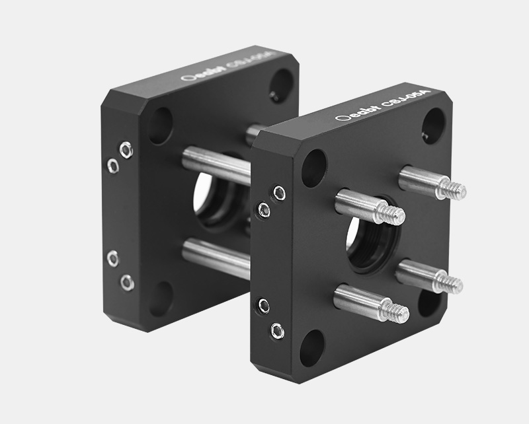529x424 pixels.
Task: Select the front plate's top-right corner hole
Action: pyautogui.click(x=432, y=125)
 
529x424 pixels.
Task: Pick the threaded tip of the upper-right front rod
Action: pyautogui.click(x=455, y=190)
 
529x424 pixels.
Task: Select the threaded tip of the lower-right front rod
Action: pyautogui.click(x=452, y=284)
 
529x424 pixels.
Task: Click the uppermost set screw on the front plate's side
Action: pyautogui.click(x=279, y=194)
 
